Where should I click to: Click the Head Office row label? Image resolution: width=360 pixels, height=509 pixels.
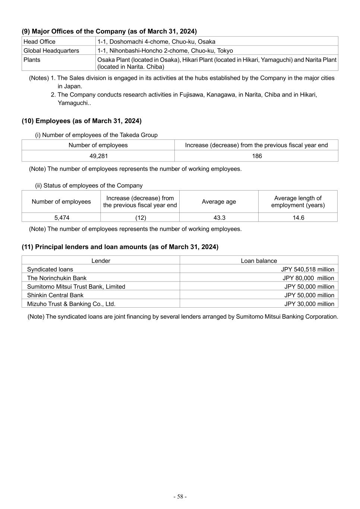coord(40,42)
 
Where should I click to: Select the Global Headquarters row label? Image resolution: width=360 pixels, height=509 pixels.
coord(51,51)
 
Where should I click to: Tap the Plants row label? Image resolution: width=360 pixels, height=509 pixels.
coord(32,60)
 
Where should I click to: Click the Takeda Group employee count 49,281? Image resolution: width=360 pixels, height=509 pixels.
coord(98,156)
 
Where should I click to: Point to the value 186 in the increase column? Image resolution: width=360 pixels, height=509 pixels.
coord(257,156)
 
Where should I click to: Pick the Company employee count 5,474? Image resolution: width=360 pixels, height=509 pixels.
coord(61,217)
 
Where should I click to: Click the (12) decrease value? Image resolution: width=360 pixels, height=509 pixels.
coord(140,217)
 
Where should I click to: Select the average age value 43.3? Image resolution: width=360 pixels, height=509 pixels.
coord(219,217)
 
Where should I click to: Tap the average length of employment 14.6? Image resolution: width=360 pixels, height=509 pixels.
coord(298,217)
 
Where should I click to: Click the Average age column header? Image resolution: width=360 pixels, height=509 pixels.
coord(219,202)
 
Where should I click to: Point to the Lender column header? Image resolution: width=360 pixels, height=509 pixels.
coord(101,261)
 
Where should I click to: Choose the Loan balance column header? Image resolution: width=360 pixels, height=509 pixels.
coord(259,261)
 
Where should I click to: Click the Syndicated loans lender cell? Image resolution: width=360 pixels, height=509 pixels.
coord(50,269)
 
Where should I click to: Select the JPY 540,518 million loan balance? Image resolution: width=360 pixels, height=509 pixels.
coord(307,269)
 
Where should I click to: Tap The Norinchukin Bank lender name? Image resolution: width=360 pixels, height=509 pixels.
coord(57,278)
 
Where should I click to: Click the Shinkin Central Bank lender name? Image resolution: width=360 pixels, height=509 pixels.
coord(55,295)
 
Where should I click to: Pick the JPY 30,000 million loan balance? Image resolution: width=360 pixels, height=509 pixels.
coord(309,304)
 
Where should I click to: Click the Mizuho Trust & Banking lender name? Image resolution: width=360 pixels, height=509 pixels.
coord(71,304)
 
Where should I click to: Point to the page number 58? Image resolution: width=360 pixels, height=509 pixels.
coord(180,496)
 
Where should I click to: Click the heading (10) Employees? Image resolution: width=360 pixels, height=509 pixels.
coord(82,121)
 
